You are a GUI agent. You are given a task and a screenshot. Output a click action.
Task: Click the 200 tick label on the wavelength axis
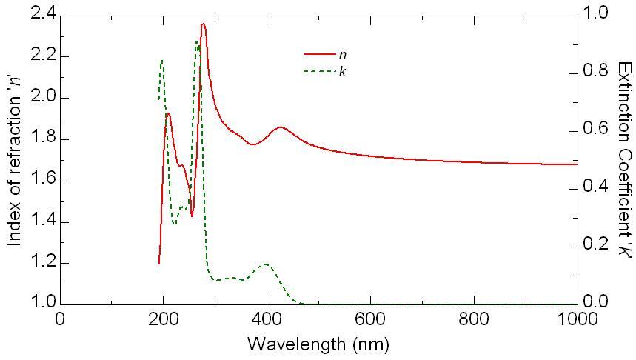coord(163,319)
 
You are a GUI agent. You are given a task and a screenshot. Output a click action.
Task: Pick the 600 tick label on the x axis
coord(370,319)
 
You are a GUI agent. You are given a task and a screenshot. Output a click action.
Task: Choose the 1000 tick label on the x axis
coord(575,319)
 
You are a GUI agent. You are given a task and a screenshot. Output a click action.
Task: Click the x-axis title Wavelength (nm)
coord(318,344)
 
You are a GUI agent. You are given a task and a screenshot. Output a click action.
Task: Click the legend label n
coord(342,54)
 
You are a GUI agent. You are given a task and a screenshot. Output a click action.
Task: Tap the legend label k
coord(342,71)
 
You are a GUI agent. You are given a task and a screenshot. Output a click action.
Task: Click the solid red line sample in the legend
coord(319,54)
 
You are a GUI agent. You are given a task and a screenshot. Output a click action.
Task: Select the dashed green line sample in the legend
coord(319,71)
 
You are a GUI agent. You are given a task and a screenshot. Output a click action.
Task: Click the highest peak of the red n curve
coord(203,24)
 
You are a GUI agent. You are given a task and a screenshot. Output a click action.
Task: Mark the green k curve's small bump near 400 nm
coord(265,264)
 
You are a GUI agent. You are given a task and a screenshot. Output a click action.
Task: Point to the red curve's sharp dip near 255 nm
coord(192,216)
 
